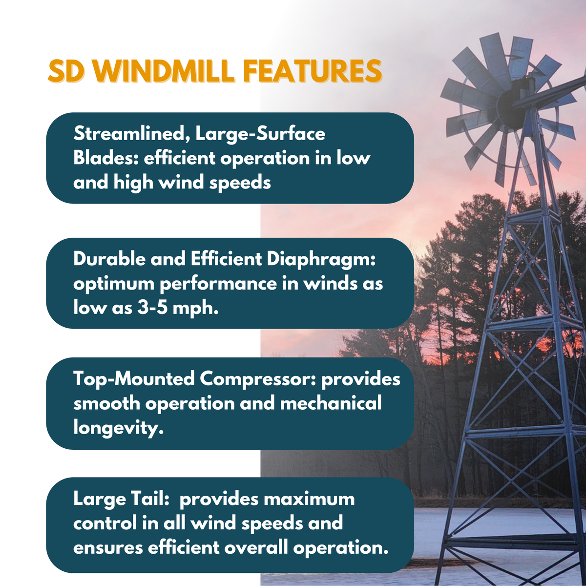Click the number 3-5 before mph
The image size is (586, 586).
tap(157, 308)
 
